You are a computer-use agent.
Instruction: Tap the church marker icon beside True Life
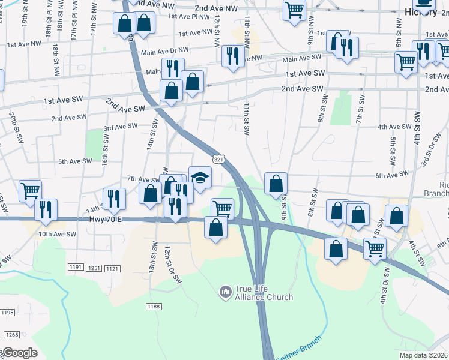click(x=226, y=292)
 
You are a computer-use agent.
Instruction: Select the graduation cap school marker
click(x=200, y=177)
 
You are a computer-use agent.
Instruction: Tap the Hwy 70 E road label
click(x=106, y=220)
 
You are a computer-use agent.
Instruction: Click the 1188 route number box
click(x=153, y=307)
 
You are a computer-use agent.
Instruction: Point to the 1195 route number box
click(x=7, y=313)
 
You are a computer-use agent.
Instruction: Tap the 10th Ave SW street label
click(x=57, y=234)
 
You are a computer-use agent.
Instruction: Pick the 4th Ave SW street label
click(x=394, y=127)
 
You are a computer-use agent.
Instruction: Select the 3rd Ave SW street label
click(x=121, y=127)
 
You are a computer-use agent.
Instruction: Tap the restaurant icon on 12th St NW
click(x=233, y=56)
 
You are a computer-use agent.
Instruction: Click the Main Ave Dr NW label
click(x=164, y=52)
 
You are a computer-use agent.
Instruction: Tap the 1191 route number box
click(x=75, y=268)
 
